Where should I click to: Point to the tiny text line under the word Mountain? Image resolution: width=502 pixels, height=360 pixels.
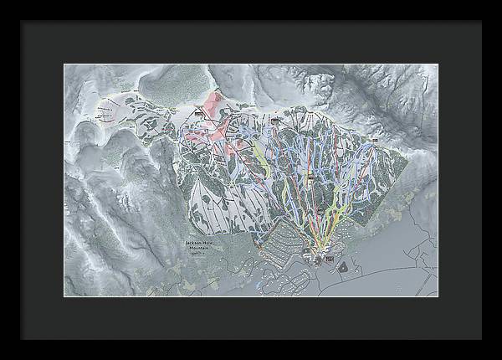[x=199, y=254]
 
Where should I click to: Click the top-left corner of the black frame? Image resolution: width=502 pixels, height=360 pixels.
[x=22, y=21]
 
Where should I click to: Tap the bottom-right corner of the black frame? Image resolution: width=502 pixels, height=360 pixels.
[x=480, y=338]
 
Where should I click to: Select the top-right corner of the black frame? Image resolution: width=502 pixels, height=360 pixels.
[x=480, y=21]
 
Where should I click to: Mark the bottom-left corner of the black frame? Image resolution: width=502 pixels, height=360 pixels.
[x=22, y=338]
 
